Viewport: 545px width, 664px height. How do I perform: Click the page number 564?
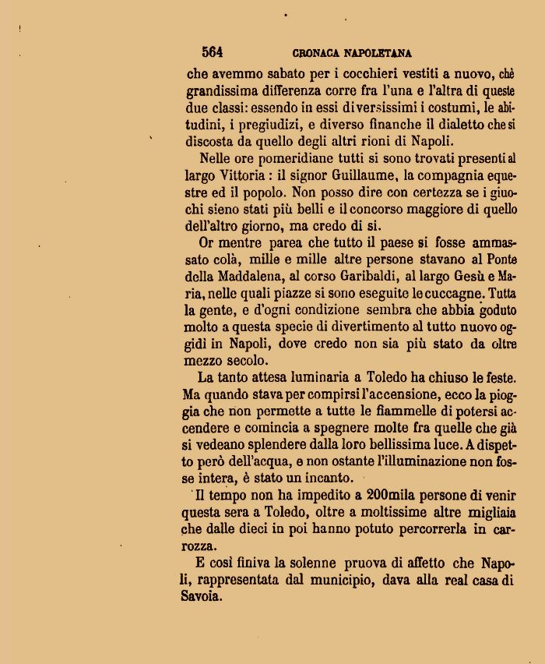(x=212, y=52)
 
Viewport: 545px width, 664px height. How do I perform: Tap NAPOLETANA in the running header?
(x=379, y=54)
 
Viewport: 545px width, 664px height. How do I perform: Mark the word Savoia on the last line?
(x=202, y=597)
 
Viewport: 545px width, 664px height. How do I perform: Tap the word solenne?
(x=312, y=563)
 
